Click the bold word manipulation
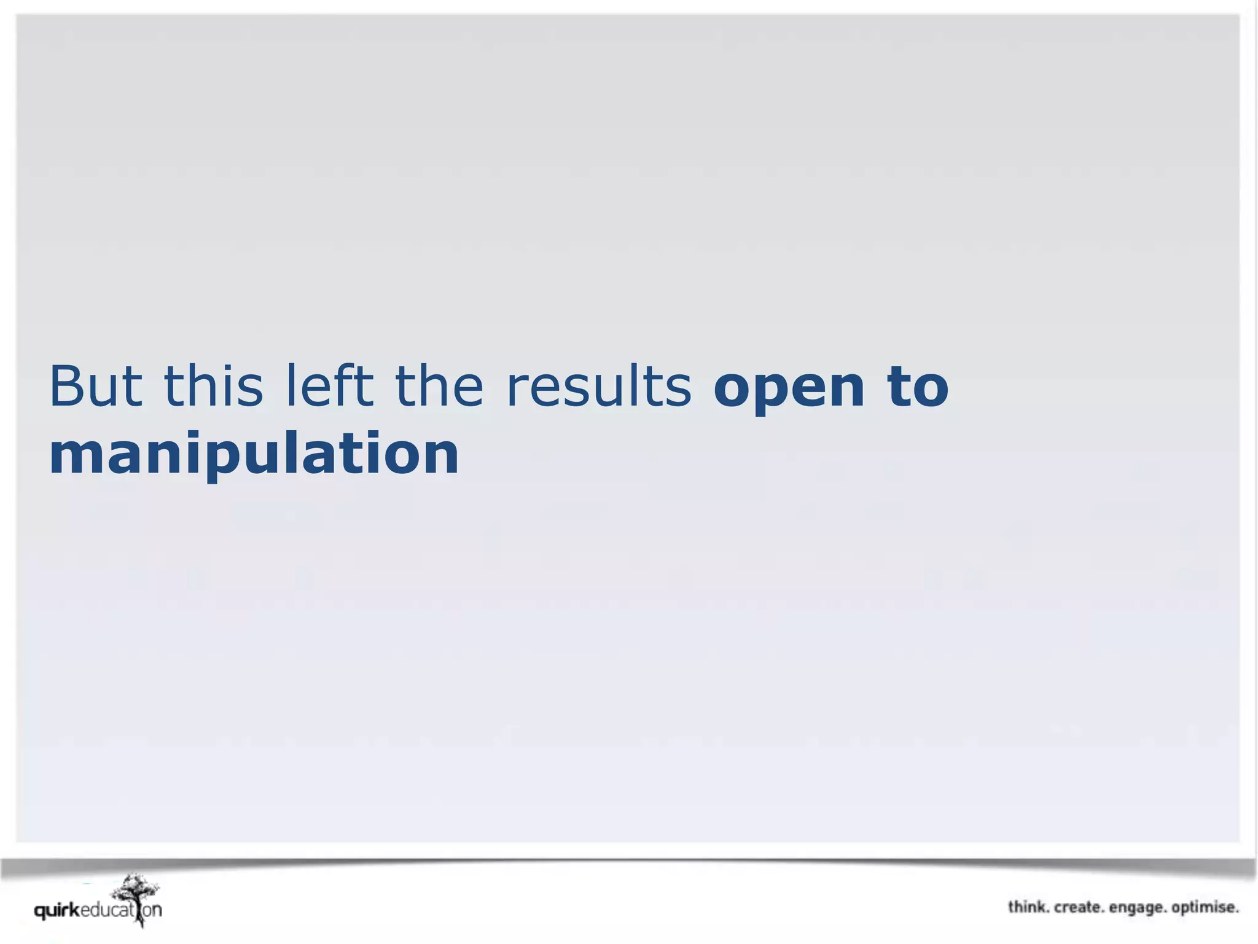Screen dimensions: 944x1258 tap(254, 455)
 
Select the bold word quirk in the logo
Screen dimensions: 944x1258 tap(57, 910)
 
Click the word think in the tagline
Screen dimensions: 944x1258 tap(1028, 907)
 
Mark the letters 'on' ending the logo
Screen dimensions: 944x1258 tap(152, 910)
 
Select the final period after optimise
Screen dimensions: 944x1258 tap(1237, 912)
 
